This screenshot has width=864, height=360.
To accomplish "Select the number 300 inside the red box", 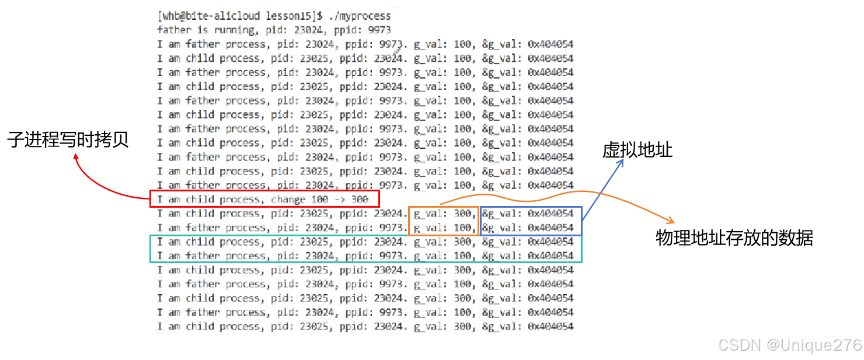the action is point(360,200).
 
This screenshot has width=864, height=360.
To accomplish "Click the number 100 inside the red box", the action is point(320,200).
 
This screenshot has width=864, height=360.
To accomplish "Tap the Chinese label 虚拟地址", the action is point(637,151).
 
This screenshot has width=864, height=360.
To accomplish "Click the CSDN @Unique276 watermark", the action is point(789,344).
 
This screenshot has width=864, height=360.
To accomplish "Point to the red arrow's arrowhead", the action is point(75,155).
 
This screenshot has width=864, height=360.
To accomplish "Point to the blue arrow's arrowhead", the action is point(622,162).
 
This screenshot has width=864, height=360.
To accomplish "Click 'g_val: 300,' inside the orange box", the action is point(444,214).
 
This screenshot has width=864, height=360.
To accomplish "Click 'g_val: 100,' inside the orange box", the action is point(444,228).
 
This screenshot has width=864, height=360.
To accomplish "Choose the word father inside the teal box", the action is point(203,256).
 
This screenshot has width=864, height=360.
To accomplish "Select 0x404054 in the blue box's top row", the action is point(550,214).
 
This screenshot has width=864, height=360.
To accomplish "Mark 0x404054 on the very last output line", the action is point(550,327).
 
